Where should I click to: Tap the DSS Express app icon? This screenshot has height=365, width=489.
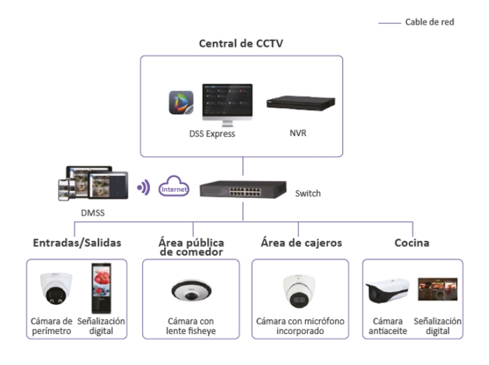[181, 103]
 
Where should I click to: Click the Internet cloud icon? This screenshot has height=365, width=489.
[174, 189]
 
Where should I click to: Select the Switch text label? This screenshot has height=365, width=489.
[308, 193]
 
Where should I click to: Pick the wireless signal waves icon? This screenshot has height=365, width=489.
[145, 189]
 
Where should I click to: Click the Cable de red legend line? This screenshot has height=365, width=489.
[389, 22]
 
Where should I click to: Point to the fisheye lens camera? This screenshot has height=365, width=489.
[186, 291]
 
